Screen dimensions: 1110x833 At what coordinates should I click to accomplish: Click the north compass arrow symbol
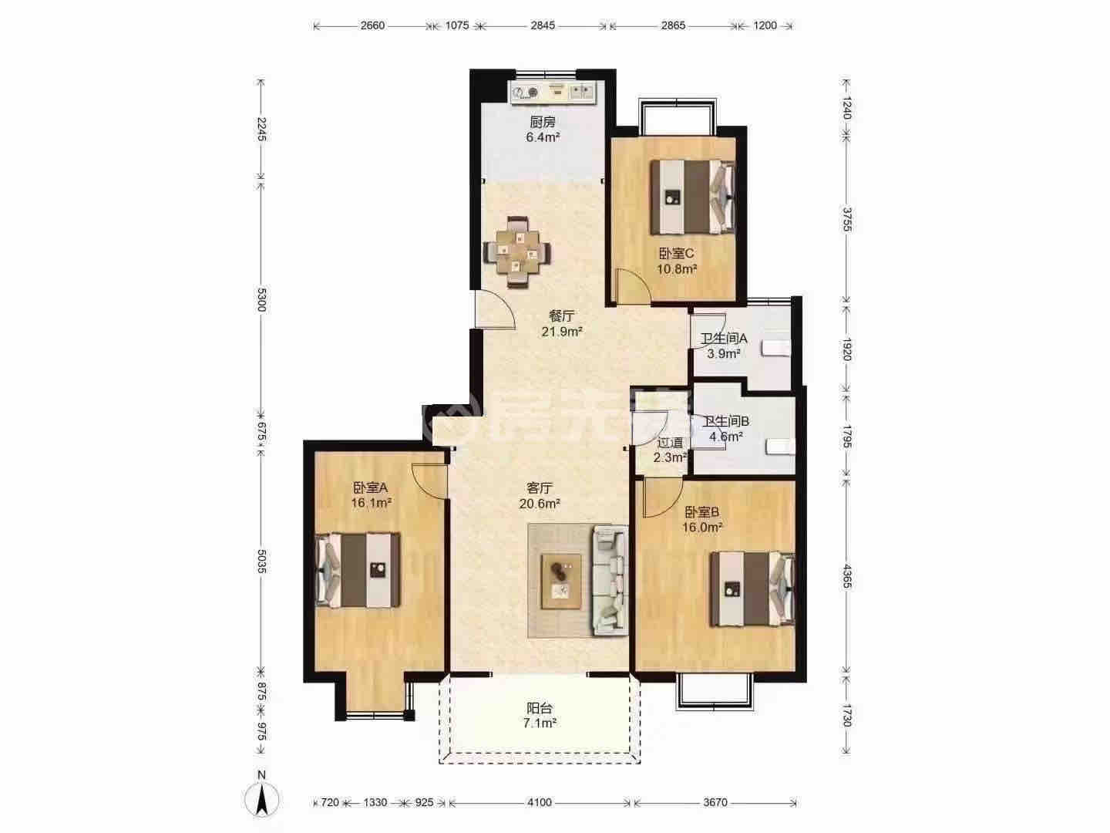(x=261, y=800)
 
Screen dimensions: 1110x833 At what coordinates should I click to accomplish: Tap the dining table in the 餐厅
(x=516, y=251)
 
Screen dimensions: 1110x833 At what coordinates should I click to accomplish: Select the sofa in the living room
(x=610, y=580)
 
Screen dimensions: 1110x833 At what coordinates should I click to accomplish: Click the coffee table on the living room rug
(x=561, y=581)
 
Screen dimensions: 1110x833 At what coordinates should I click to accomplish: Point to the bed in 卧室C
(x=692, y=197)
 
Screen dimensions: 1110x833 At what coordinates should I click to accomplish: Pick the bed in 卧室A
(x=358, y=569)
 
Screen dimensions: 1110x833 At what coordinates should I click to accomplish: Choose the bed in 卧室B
(x=752, y=589)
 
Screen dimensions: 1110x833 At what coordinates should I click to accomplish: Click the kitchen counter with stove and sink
(x=553, y=92)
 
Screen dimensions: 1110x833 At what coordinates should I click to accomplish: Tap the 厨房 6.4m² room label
(x=543, y=130)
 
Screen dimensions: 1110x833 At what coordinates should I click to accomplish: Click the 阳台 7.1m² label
(x=540, y=715)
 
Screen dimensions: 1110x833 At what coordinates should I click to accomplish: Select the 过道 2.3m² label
(x=670, y=450)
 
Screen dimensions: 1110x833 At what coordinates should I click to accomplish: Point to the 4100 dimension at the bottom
(x=540, y=802)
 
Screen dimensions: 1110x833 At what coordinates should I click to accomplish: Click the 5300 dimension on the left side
(x=261, y=299)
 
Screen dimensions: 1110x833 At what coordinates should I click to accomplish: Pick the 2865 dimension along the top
(x=673, y=25)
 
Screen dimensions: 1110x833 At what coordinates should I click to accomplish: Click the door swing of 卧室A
(x=429, y=481)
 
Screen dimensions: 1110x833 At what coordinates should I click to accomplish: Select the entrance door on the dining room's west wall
(x=496, y=309)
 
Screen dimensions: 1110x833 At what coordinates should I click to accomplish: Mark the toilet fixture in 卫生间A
(x=777, y=348)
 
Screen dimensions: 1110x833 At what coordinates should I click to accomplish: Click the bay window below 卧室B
(x=715, y=692)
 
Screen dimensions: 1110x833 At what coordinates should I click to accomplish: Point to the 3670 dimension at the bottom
(x=715, y=802)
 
